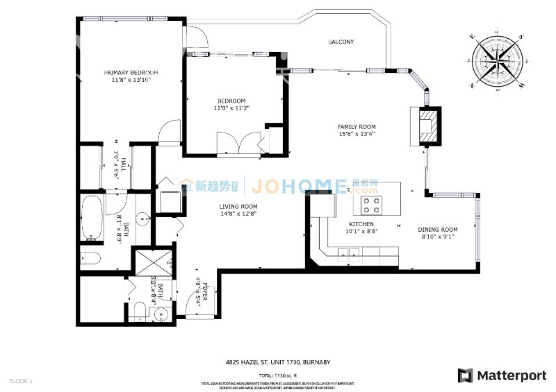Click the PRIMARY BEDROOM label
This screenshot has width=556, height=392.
click(x=131, y=72)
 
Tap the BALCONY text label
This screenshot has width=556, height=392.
click(x=341, y=42)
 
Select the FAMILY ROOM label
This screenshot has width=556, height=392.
click(x=356, y=127)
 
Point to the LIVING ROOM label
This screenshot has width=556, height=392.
click(x=238, y=207)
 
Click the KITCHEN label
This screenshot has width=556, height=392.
click(x=361, y=224)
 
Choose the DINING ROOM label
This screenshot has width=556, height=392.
click(x=437, y=230)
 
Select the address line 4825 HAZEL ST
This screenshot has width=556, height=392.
click(x=278, y=361)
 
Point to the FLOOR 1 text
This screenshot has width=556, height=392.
click(x=21, y=381)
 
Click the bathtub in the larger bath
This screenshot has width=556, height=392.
click(x=92, y=217)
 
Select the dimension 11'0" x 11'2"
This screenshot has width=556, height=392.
click(x=229, y=108)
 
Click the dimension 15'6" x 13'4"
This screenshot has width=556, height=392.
click(x=356, y=135)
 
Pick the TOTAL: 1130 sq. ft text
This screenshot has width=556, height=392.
click(x=278, y=375)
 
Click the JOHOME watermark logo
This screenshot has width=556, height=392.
click(x=299, y=186)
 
